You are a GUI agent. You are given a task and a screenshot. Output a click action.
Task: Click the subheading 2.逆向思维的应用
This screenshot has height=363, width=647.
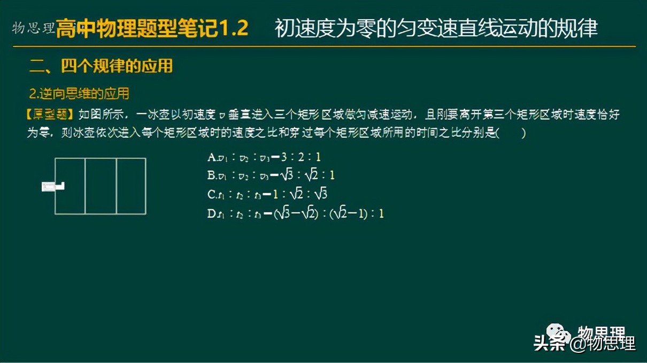pyautogui.click(x=79, y=94)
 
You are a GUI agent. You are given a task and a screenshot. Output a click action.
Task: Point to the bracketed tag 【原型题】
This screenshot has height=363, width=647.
pyautogui.click(x=50, y=114)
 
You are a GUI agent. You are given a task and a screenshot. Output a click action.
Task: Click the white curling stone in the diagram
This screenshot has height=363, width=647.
pyautogui.click(x=52, y=186)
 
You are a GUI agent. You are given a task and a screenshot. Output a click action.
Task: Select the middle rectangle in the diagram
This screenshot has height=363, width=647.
pyautogui.click(x=101, y=186)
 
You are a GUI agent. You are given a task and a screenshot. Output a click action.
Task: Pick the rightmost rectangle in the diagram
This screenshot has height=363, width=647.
pyautogui.click(x=131, y=186)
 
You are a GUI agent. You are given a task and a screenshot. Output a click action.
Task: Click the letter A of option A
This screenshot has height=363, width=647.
pyautogui.click(x=211, y=157)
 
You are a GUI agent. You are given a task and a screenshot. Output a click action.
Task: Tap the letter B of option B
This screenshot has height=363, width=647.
pyautogui.click(x=211, y=175)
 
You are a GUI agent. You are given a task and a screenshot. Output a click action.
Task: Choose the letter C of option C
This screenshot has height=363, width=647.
pyautogui.click(x=211, y=194)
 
